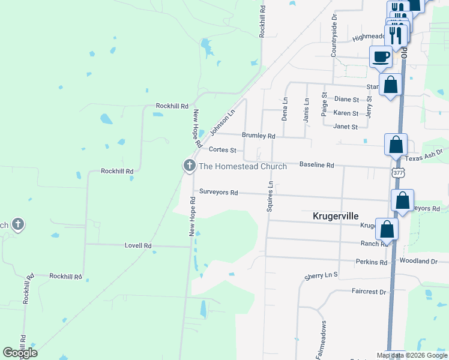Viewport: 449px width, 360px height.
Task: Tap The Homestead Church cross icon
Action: click(x=189, y=166)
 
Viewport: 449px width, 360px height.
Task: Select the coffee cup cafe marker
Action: click(x=381, y=58)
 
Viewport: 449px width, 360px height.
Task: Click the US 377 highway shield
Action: click(x=397, y=172)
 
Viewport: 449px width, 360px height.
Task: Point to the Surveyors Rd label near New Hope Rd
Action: click(x=219, y=193)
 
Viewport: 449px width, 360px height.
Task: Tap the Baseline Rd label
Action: click(x=316, y=164)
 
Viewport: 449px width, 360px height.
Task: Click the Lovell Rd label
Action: click(x=138, y=246)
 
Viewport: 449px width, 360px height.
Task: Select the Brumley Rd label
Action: click(x=258, y=136)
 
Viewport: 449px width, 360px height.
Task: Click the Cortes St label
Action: click(x=222, y=150)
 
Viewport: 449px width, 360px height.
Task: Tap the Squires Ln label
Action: click(x=270, y=196)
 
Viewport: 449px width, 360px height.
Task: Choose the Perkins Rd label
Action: click(x=371, y=262)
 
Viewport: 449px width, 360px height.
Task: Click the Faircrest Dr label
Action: click(x=369, y=292)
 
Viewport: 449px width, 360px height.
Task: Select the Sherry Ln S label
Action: click(x=321, y=275)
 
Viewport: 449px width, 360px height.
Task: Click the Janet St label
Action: click(x=345, y=127)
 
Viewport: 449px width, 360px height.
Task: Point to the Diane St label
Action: click(x=346, y=100)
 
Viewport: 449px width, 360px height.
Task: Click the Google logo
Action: click(x=20, y=353)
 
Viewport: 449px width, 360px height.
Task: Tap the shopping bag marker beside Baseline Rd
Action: click(x=396, y=145)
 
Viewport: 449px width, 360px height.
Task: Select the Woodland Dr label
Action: click(x=419, y=262)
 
